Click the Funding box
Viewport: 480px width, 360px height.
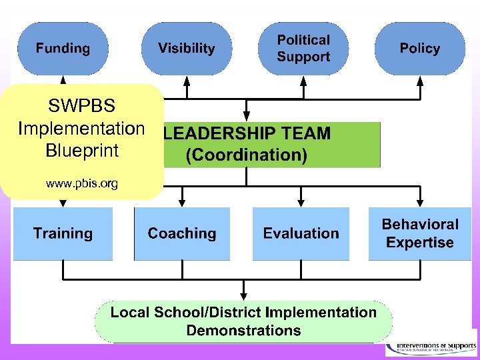(x=63, y=48)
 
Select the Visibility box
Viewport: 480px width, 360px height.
(x=187, y=48)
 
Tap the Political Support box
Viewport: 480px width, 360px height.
(x=303, y=48)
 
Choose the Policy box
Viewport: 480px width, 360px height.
(x=419, y=48)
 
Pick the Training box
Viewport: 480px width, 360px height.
(x=63, y=233)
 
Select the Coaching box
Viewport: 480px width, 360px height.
(x=182, y=233)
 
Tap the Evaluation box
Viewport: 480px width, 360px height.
(x=301, y=233)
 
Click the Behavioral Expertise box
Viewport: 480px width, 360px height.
(x=419, y=233)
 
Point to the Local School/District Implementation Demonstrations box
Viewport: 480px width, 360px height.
(x=243, y=321)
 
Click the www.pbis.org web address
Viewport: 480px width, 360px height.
(x=81, y=183)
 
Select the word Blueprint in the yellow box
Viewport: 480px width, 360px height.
(x=81, y=150)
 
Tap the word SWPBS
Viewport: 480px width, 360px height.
(x=81, y=105)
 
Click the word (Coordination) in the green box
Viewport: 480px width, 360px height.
(x=247, y=155)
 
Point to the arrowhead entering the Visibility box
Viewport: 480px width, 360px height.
(x=187, y=79)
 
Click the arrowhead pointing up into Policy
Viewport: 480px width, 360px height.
(x=419, y=79)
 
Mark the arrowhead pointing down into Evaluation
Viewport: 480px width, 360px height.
(x=301, y=201)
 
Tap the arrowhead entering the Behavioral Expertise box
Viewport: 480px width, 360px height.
(x=419, y=201)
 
